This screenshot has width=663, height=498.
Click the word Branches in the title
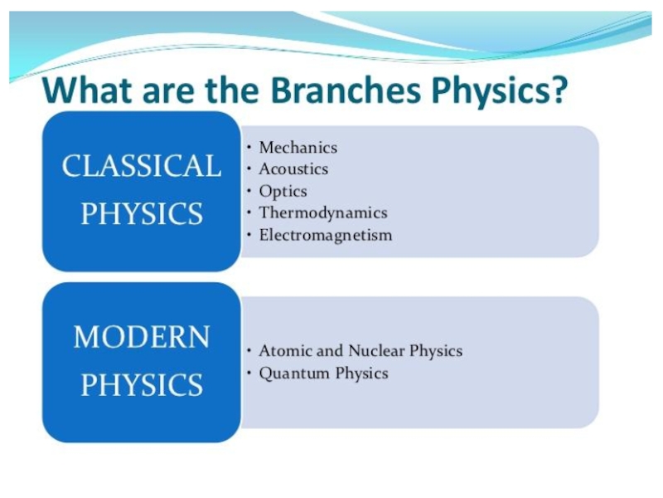(346, 90)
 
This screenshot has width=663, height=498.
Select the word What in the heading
(89, 90)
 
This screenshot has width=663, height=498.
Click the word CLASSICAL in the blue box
(142, 165)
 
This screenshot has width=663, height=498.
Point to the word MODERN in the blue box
(142, 337)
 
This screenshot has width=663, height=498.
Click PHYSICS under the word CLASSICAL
(142, 213)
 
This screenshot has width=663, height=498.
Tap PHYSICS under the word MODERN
(142, 384)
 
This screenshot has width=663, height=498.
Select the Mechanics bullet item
(298, 148)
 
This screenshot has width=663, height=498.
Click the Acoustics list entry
(293, 169)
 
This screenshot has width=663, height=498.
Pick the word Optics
(283, 192)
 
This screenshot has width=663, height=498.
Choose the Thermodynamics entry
(323, 213)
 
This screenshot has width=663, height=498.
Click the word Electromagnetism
(326, 235)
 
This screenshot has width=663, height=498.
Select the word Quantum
(294, 373)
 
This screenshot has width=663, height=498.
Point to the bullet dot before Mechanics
(249, 148)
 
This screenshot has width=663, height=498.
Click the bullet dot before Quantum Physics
(249, 373)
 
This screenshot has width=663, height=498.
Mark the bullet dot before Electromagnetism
(249, 235)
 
